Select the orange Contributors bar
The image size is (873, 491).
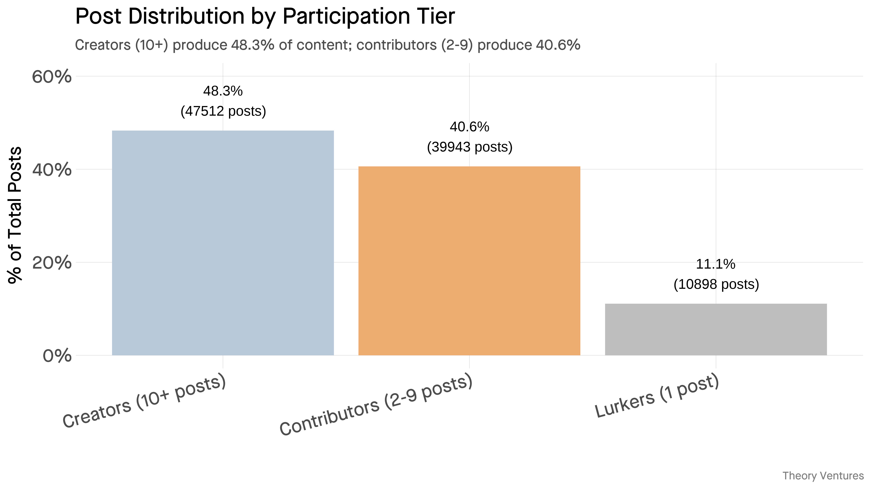(469, 261)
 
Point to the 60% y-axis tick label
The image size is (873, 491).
(52, 77)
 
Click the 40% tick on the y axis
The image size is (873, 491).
(52, 169)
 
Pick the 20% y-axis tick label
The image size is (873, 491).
(52, 263)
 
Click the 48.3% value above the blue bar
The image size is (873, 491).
(223, 91)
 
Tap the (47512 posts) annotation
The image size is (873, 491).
(223, 111)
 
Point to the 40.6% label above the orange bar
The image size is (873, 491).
(469, 127)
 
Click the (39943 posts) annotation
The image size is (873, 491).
(469, 147)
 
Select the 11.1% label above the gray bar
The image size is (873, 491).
(716, 264)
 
